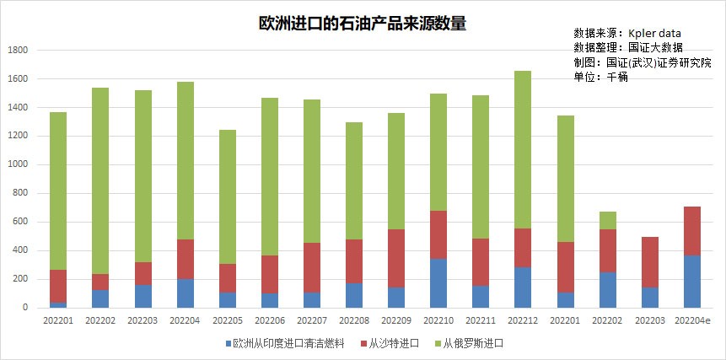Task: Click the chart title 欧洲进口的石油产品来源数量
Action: pyautogui.click(x=362, y=24)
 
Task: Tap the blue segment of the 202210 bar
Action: pyautogui.click(x=438, y=283)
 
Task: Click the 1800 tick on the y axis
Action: pyautogui.click(x=18, y=51)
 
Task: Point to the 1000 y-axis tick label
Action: pyautogui.click(x=18, y=164)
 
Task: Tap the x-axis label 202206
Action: pyautogui.click(x=269, y=320)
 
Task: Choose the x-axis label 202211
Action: pyautogui.click(x=480, y=320)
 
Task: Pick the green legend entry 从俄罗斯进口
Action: pyautogui.click(x=473, y=344)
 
